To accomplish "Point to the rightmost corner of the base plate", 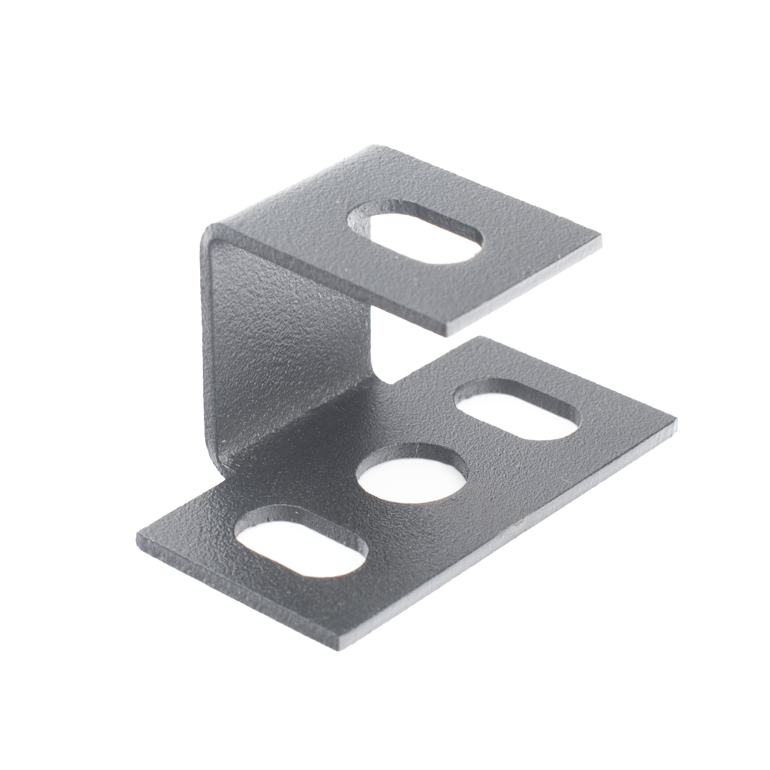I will coord(677,419).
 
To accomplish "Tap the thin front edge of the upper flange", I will coord(526,289).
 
